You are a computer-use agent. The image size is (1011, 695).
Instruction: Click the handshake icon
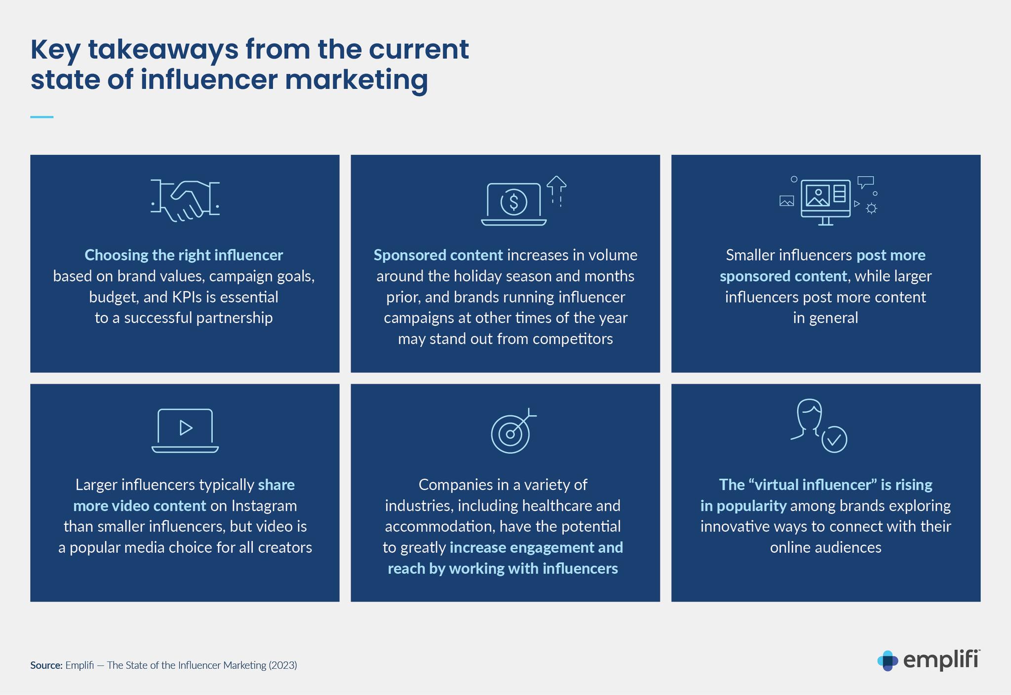185,200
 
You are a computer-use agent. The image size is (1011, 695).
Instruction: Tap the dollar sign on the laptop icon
514,201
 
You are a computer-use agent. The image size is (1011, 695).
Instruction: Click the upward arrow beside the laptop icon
556,191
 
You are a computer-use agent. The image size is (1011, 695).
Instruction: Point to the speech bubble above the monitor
865,182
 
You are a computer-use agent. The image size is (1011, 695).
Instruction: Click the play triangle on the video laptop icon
186,427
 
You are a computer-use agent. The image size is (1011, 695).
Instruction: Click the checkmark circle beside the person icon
834,439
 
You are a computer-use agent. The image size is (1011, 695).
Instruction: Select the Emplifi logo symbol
888,661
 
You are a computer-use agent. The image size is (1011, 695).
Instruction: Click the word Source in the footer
46,665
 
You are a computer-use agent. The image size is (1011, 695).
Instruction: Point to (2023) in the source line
283,665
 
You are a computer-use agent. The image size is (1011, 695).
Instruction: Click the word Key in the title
55,50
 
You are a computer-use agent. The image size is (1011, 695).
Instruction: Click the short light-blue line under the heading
42,117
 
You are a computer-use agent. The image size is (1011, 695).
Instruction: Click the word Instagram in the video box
264,506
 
